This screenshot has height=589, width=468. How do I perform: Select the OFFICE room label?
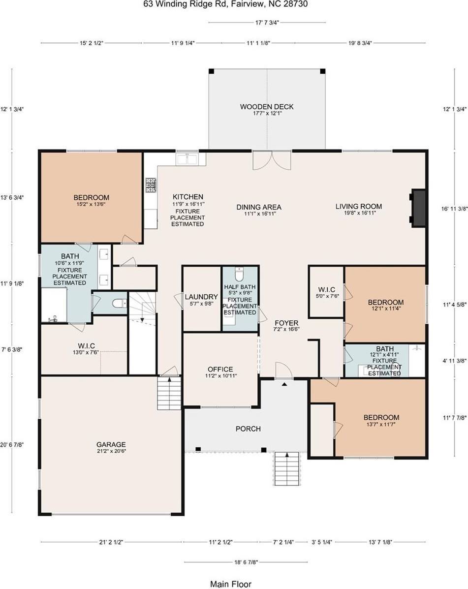pos(220,369)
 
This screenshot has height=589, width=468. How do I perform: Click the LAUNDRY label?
pos(201,297)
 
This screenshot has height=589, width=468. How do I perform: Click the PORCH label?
pos(248,429)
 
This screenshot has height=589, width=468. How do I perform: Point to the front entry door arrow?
pos(284,384)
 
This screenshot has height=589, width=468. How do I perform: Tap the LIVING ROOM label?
pos(359,207)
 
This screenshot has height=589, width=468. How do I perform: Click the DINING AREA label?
pos(258,207)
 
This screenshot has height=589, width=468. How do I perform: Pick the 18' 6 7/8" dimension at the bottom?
pos(240,561)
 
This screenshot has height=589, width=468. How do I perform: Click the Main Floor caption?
pos(230,584)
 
